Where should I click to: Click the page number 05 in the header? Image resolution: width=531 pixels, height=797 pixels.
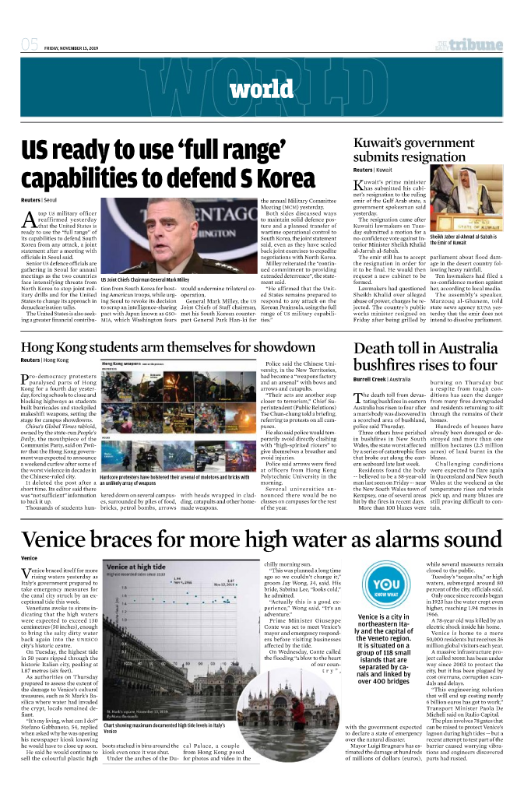pyautogui.click(x=30, y=44)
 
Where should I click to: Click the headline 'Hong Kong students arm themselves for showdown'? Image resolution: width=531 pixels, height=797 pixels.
pyautogui.click(x=168, y=347)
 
